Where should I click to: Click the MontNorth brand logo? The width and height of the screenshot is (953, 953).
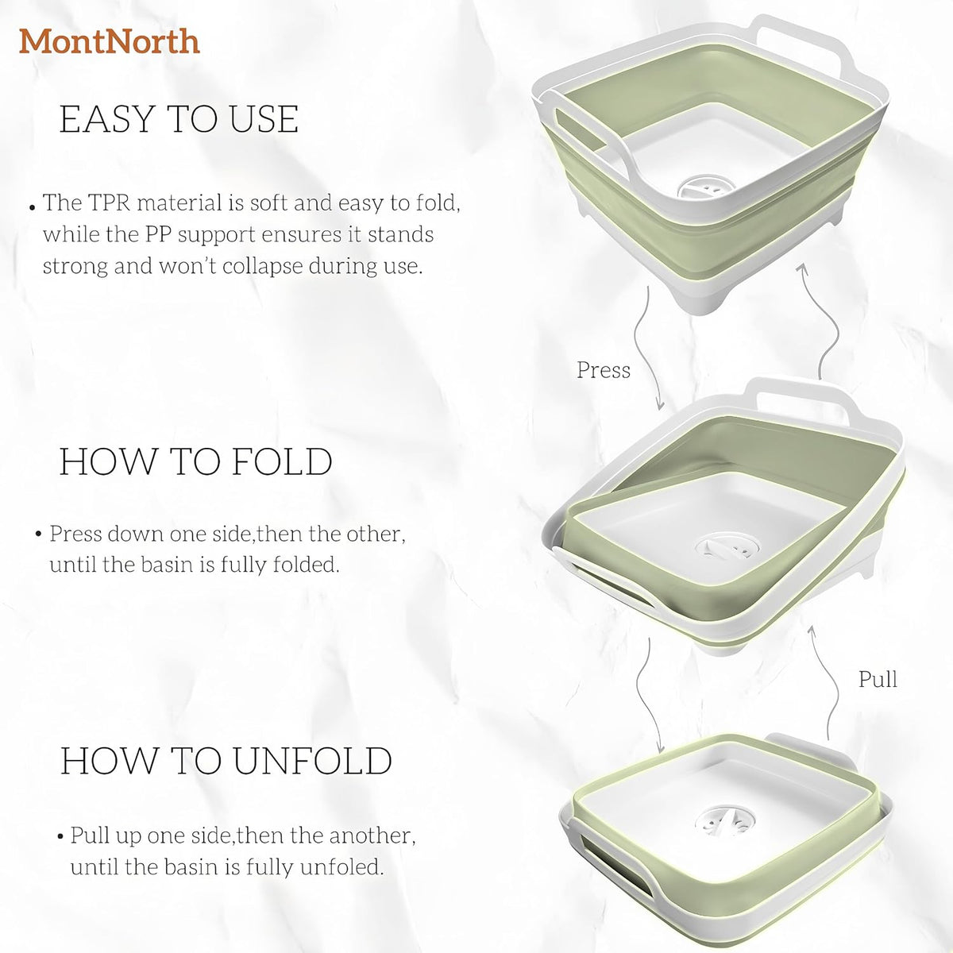110,41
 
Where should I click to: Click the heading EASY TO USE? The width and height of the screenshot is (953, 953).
179,119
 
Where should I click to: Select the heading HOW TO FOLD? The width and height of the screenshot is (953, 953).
196,461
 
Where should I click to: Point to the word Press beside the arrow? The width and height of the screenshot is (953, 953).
604,370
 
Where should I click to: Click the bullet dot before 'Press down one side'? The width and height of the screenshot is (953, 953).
38,534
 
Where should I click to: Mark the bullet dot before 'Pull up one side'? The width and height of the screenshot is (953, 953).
60,837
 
